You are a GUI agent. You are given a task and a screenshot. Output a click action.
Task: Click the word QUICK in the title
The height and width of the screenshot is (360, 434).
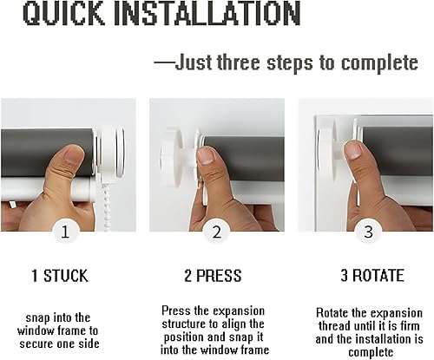(x=63, y=13)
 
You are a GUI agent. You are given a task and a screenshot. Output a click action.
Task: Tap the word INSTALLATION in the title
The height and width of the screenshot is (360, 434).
(x=207, y=13)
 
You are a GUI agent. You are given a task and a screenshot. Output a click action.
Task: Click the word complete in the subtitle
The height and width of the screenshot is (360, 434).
(x=379, y=63)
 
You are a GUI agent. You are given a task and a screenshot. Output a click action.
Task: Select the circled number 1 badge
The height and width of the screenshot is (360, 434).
(x=66, y=232)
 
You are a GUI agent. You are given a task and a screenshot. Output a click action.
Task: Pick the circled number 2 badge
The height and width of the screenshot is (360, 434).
(x=216, y=232)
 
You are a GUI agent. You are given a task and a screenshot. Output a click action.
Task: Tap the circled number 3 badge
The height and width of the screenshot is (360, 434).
(x=368, y=232)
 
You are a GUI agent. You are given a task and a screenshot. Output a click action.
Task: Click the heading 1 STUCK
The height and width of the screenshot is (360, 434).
(x=60, y=276)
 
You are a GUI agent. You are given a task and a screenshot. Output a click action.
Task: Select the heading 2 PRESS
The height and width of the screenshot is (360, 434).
(x=213, y=276)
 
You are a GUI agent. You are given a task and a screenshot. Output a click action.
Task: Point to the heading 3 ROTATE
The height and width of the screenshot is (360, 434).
(x=372, y=275)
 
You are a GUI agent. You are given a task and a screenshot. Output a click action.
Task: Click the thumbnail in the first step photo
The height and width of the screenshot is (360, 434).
(x=73, y=154)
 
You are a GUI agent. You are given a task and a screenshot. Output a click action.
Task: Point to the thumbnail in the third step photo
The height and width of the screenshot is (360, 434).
(x=353, y=150)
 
